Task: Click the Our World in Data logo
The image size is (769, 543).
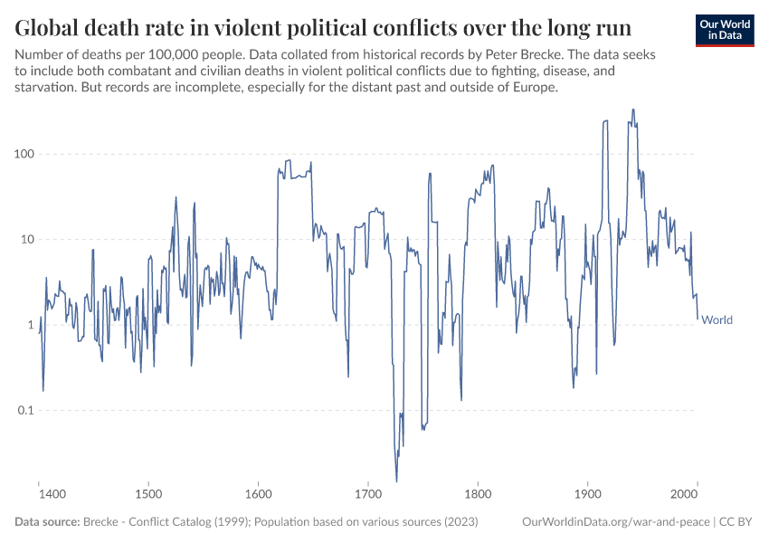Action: (x=724, y=29)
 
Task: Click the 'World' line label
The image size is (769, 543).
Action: (x=717, y=319)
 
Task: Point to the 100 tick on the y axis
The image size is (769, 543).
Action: (x=24, y=154)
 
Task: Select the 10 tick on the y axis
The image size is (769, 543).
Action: (x=27, y=240)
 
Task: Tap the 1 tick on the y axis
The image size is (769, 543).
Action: (x=30, y=325)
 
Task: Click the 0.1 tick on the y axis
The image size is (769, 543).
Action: (x=25, y=411)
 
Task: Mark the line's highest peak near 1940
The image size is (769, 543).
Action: (x=633, y=110)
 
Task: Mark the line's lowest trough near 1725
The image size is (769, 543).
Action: (x=396, y=481)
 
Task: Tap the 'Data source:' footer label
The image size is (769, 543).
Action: (x=47, y=522)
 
